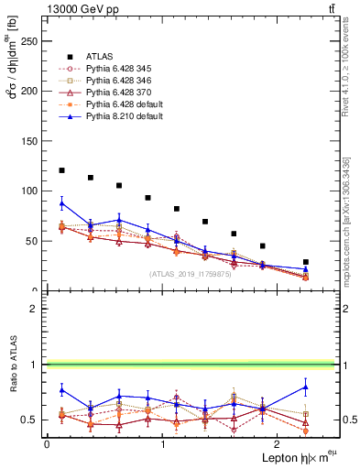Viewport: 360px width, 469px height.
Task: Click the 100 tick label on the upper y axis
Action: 33,191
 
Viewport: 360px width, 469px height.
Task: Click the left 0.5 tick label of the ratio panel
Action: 33,420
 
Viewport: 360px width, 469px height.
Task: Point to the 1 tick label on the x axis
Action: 162,443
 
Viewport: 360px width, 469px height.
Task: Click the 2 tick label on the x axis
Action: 278,443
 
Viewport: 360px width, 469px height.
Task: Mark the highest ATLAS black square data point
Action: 61,170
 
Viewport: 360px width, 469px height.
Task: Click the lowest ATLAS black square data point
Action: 306,262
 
